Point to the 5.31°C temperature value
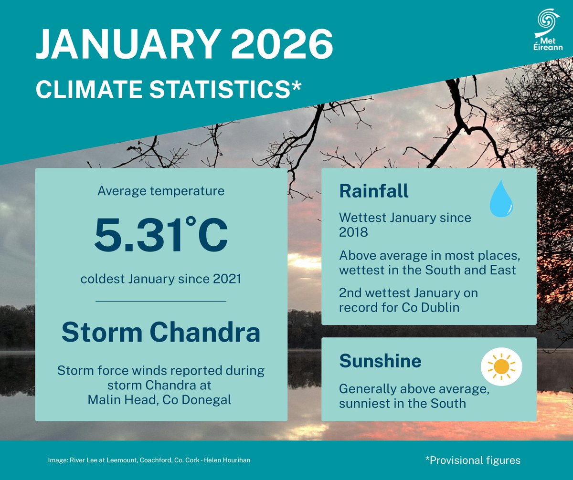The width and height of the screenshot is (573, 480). [161, 236]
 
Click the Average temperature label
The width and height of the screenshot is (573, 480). [161, 191]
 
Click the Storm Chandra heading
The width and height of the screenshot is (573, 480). [161, 333]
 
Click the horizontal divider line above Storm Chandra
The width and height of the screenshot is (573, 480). [161, 302]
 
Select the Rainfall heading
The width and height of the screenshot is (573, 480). [373, 191]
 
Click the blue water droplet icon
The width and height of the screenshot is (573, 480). [501, 199]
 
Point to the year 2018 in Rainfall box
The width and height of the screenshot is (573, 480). [353, 232]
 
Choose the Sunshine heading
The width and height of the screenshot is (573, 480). [380, 361]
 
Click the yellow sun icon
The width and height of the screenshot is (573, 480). [501, 366]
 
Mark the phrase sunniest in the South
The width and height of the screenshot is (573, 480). [402, 403]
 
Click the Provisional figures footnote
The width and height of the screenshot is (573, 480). [472, 460]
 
